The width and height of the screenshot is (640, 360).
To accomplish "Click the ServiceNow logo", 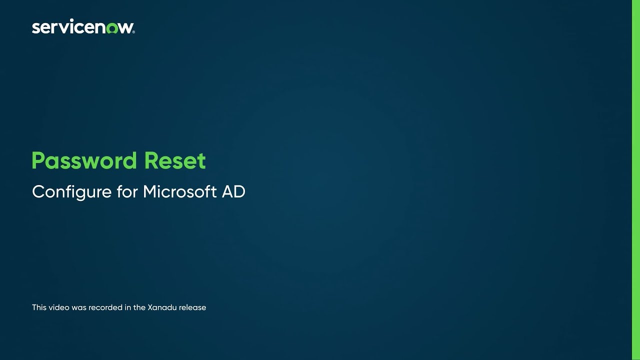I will click(83, 27).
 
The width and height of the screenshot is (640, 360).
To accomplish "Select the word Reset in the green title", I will click(175, 161).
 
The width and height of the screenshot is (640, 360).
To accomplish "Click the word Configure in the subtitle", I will click(72, 192).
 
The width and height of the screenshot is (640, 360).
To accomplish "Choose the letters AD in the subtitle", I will click(233, 191).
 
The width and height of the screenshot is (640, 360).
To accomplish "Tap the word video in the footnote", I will click(59, 307).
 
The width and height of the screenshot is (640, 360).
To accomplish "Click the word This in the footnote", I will click(39, 307).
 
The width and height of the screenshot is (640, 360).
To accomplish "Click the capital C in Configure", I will click(38, 191).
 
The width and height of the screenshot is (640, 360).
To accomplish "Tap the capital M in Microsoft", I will click(150, 191).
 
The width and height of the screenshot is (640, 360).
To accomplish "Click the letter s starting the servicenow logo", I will click(35, 28).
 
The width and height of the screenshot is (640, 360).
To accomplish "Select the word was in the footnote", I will click(79, 307).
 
